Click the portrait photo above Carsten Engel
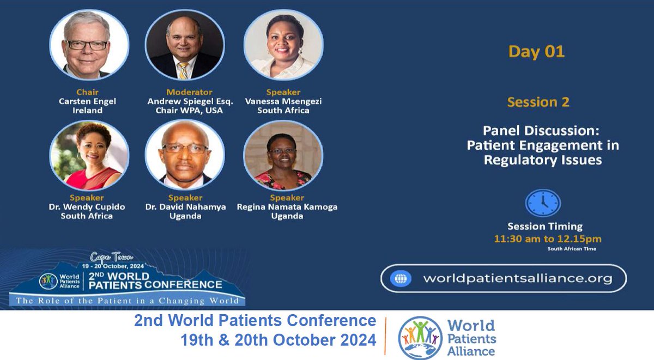(x=89, y=45)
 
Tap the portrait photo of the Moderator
(x=185, y=45)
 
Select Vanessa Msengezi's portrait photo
(x=283, y=45)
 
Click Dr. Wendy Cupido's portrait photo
(x=89, y=156)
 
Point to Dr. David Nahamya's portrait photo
(x=185, y=156)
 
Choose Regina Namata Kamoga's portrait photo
(x=283, y=156)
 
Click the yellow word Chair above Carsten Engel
(x=87, y=92)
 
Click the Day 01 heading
(x=536, y=52)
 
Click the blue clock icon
(x=542, y=203)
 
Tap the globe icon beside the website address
(x=401, y=279)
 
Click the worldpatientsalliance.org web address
(x=518, y=278)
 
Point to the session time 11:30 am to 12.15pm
(x=547, y=239)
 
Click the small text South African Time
(x=572, y=249)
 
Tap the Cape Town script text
(x=111, y=257)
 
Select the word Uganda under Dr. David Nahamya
(x=186, y=216)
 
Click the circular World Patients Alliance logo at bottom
(x=420, y=338)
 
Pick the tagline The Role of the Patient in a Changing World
(x=127, y=301)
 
